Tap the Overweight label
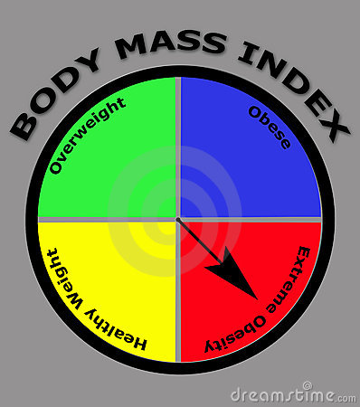click(x=88, y=135)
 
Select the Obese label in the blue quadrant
click(x=269, y=128)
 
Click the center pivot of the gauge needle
click(x=178, y=220)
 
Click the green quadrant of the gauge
click(x=118, y=172)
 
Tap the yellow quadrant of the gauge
click(x=118, y=271)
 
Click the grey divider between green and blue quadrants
click(x=177, y=145)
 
